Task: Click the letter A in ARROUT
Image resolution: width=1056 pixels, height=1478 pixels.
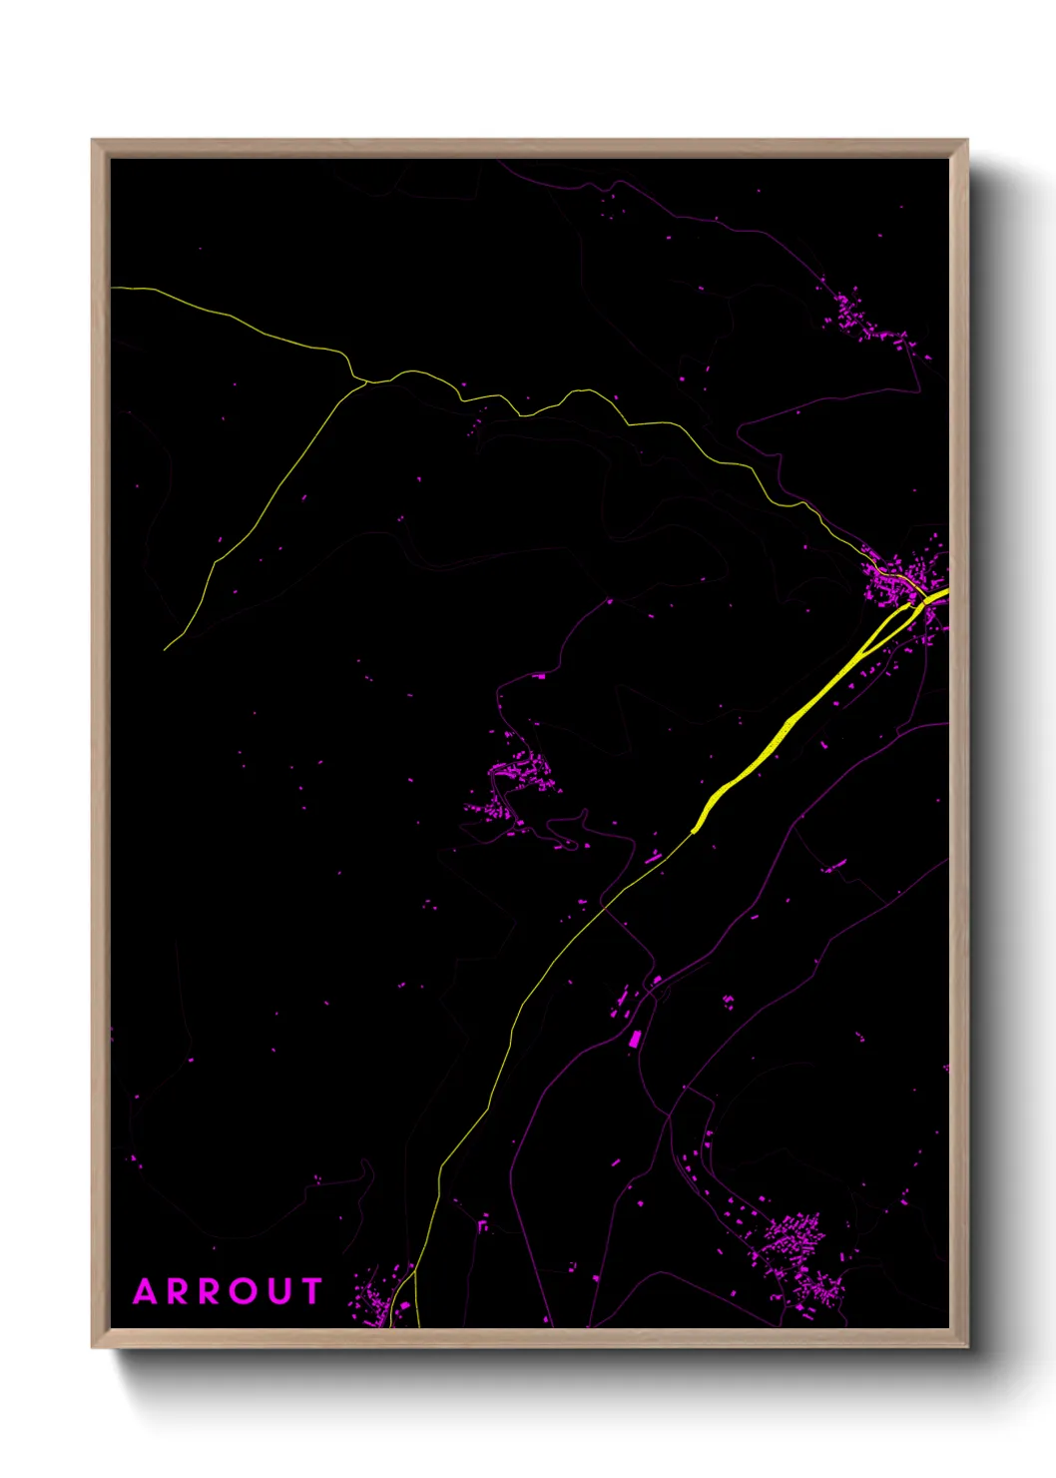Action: [146, 1292]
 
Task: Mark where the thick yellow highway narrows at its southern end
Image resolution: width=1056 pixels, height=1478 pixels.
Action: [695, 829]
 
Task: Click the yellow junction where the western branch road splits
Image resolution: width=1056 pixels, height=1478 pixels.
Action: [363, 380]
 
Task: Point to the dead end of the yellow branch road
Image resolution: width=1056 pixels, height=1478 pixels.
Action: [165, 650]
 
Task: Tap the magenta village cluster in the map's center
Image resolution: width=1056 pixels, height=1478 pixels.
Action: [514, 784]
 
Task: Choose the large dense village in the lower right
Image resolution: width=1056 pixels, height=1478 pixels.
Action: [798, 1248]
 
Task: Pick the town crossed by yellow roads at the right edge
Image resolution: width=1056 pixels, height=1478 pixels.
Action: [903, 579]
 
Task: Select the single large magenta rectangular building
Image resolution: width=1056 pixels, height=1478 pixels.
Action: [634, 1040]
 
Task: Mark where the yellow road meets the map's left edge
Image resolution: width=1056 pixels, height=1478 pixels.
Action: [113, 288]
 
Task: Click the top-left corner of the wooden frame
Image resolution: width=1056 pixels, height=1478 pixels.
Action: [93, 141]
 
